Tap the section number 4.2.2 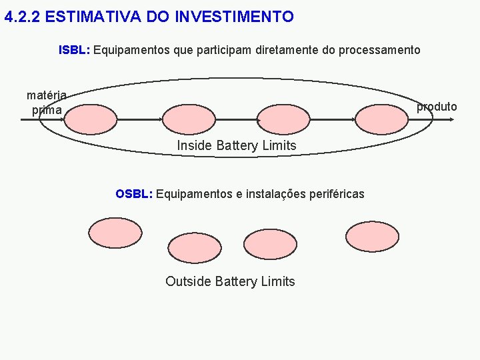tap(22, 17)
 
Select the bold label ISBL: tap(75, 50)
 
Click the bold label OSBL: tap(134, 194)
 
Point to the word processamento tap(379, 50)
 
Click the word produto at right tap(437, 107)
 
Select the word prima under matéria tap(47, 110)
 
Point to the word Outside tap(189, 281)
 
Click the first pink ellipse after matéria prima tap(91, 120)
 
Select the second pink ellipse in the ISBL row tap(189, 120)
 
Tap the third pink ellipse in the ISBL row tap(284, 120)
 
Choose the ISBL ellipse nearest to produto tap(381, 120)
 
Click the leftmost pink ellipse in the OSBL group tap(115, 233)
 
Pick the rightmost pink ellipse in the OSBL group tap(372, 234)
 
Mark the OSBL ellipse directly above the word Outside tap(194, 247)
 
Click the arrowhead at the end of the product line tap(453, 119)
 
